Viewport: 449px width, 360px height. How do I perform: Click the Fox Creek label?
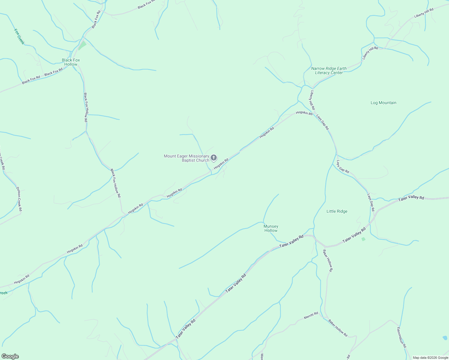[19, 37]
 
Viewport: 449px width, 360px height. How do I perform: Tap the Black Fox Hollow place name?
[71, 62]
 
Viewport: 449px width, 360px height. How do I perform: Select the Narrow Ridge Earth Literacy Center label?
[329, 70]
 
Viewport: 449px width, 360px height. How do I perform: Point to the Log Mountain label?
[383, 103]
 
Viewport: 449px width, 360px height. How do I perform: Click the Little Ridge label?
[337, 211]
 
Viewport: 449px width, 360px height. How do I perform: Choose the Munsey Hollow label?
[271, 228]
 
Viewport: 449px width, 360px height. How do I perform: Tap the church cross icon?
[214, 157]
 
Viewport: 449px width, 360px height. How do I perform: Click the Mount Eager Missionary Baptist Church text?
[186, 158]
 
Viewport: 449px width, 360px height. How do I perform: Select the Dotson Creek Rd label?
[19, 199]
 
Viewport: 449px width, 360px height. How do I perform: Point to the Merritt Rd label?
[311, 315]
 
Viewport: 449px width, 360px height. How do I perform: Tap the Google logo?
[10, 356]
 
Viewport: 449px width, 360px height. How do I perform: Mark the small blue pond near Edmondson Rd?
[445, 337]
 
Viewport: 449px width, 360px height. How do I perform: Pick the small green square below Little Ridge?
[363, 239]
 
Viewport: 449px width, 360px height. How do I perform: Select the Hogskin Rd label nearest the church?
[221, 163]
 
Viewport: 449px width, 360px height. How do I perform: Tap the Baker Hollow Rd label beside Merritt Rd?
[338, 328]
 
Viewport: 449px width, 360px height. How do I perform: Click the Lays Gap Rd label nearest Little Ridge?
[371, 202]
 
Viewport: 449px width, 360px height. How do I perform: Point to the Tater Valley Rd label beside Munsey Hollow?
[291, 241]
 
